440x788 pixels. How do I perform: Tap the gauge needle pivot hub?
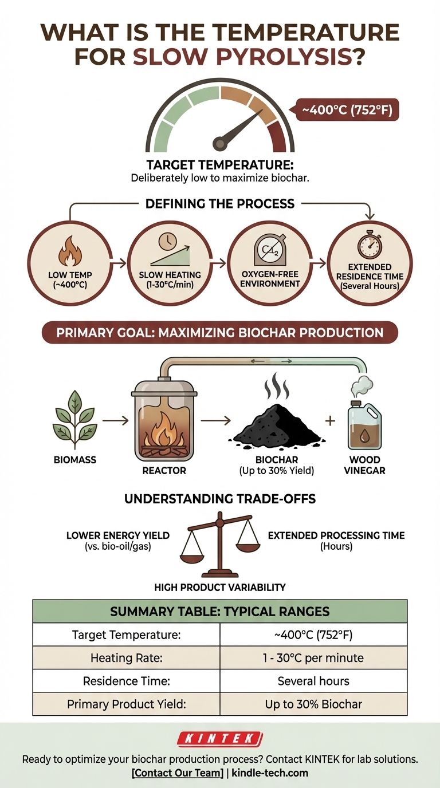click(221, 143)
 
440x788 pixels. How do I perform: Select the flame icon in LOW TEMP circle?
click(68, 252)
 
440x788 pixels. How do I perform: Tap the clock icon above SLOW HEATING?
click(167, 241)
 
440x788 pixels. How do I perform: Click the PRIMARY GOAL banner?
click(220, 333)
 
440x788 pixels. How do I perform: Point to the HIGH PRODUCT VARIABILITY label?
click(220, 587)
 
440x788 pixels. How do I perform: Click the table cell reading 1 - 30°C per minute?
click(313, 658)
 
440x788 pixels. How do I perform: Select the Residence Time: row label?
click(126, 681)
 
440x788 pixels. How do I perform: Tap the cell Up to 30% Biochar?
click(313, 704)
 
